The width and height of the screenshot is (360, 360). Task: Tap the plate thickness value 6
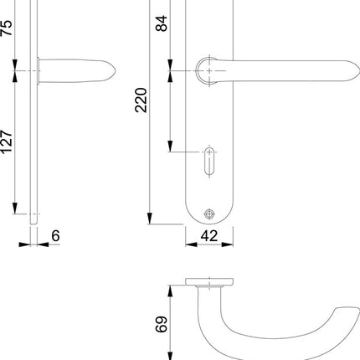[x=55, y=237]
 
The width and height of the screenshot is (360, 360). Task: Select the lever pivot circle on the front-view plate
[x=207, y=70]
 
